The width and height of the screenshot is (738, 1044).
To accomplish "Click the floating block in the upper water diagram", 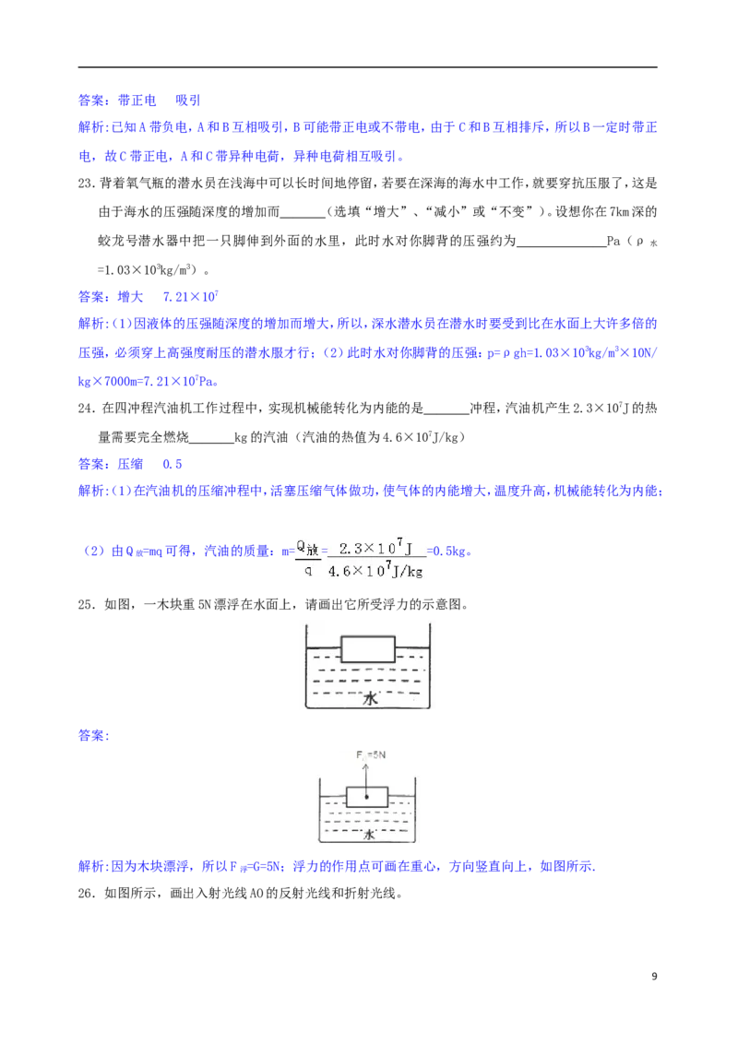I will [368, 648].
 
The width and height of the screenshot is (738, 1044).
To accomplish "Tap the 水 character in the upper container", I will [370, 699].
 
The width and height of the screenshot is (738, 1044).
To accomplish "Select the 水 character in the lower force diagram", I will [368, 834].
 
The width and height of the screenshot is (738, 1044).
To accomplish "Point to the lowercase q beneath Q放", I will [308, 570].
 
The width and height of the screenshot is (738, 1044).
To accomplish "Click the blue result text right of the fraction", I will [452, 552].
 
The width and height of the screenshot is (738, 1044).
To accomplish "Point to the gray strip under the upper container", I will [369, 712].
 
